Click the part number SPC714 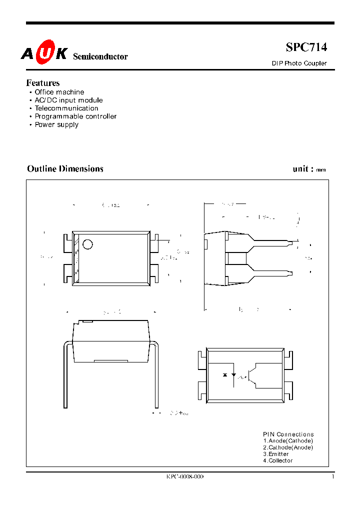[306, 47]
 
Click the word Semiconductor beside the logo [100, 57]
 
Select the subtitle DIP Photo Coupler [299, 63]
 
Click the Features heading [43, 83]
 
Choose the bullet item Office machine [59, 92]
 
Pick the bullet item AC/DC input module [68, 100]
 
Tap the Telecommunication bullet [66, 108]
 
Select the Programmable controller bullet [75, 116]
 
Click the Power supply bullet [56, 124]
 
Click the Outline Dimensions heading [65, 169]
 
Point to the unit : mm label [309, 169]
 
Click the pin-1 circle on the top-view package [88, 244]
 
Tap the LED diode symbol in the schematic [234, 374]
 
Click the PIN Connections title [288, 434]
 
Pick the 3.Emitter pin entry [276, 454]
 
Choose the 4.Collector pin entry [278, 460]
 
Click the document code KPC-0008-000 [185, 477]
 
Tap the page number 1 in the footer [332, 477]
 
